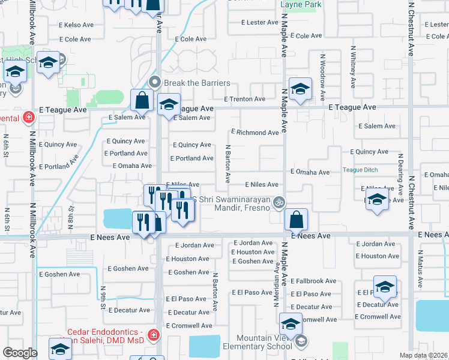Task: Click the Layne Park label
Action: pos(301,5)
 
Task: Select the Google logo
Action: pos(20,353)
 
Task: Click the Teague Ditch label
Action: pos(360,170)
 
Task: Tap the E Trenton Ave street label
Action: pos(244,99)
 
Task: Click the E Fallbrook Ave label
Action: pos(314,281)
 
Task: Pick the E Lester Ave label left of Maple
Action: pos(259,22)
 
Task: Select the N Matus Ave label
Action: pos(420,273)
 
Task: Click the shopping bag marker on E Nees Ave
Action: pos(297,219)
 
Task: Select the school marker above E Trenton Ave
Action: pos(299,89)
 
